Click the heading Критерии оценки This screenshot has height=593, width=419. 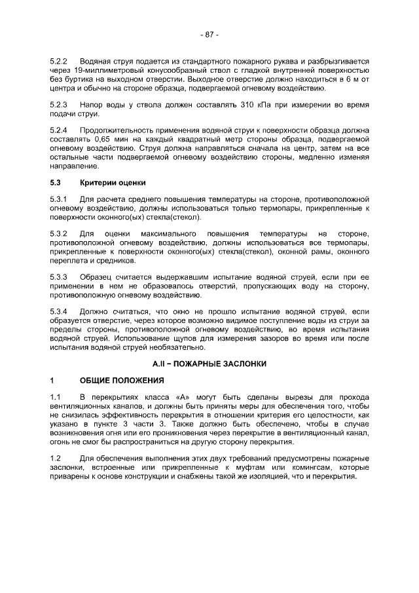point(113,182)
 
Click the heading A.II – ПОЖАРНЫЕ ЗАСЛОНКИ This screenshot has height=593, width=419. point(209,364)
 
